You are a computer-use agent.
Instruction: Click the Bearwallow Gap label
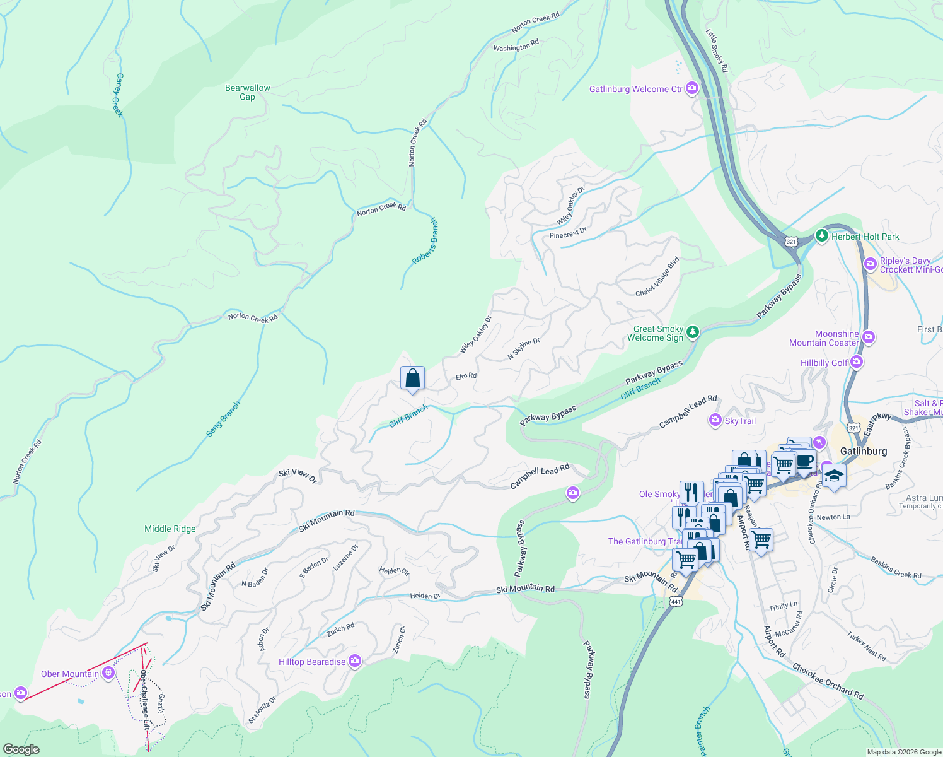pos(248,92)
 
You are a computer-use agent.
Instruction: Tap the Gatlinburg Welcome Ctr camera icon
pos(692,88)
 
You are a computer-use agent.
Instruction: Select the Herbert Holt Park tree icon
pos(821,236)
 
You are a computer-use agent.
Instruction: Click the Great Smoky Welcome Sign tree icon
pos(693,331)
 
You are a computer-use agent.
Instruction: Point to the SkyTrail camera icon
pos(715,420)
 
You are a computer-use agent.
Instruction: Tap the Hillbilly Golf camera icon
pos(857,362)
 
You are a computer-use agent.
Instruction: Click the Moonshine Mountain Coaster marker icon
pos(868,337)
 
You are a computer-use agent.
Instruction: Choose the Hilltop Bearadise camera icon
pos(355,661)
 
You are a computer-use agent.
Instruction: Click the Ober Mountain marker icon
pos(108,673)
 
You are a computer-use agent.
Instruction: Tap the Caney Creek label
pos(118,95)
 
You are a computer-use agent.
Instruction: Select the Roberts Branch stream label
pos(425,242)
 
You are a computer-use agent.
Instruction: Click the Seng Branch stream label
pos(223,420)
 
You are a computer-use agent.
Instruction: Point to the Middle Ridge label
pos(170,529)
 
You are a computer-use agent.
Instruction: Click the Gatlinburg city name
pos(864,451)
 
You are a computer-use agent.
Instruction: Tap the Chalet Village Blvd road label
pos(657,276)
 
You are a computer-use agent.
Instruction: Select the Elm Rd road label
pos(466,376)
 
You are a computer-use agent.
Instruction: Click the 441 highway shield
pos(676,601)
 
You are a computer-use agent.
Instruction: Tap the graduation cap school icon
pos(833,476)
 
